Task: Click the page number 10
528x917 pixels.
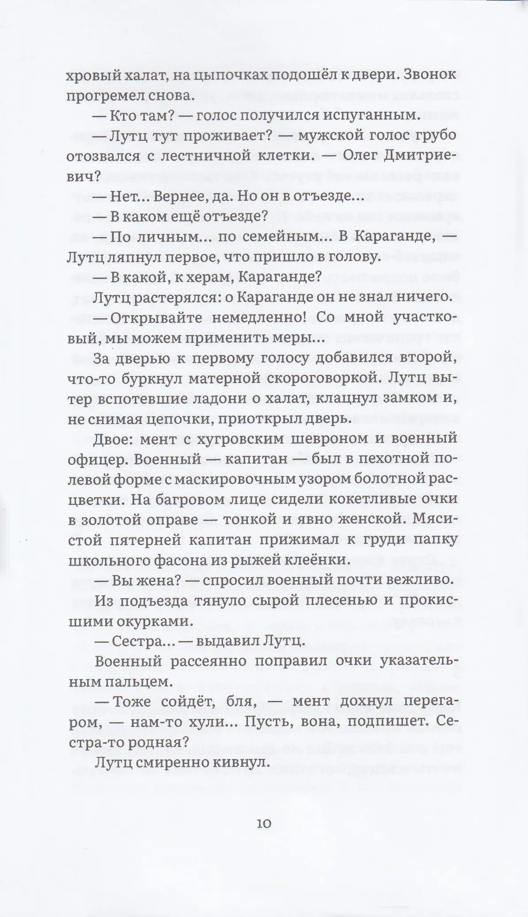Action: pyautogui.click(x=263, y=824)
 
